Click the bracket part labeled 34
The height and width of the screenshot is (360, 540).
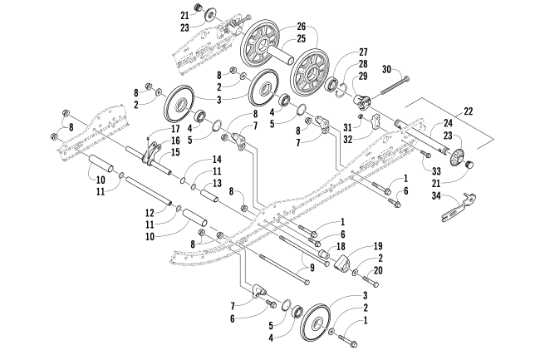pos(451,204)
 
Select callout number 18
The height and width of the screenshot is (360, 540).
pos(342,247)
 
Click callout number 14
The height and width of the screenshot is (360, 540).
pos(216,158)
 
